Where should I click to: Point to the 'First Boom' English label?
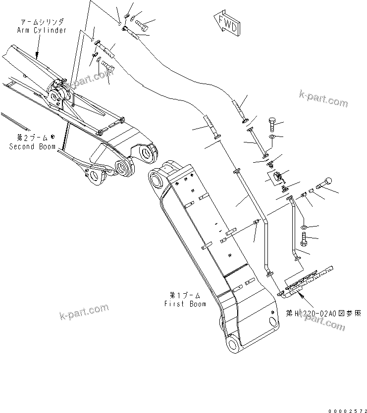[185, 304]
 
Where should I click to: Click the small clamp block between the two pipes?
[278, 176]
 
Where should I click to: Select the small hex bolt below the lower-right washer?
[304, 242]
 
